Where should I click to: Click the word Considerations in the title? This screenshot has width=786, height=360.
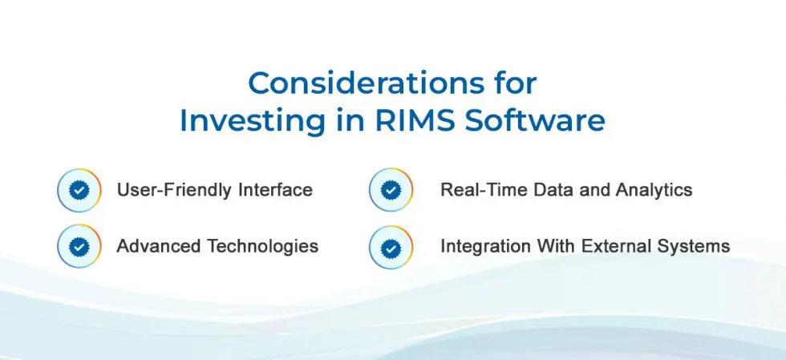pos(368,83)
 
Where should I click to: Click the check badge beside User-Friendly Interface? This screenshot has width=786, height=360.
pos(79,191)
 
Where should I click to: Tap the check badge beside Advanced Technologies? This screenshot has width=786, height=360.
pos(79,246)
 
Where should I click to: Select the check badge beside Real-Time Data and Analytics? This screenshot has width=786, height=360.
pos(391,190)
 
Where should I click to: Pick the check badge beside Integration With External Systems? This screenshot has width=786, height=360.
pos(391,247)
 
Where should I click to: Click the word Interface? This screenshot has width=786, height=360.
pos(275,190)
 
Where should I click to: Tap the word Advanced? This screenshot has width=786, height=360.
pos(160,246)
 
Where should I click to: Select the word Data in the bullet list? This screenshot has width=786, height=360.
pos(553,190)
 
